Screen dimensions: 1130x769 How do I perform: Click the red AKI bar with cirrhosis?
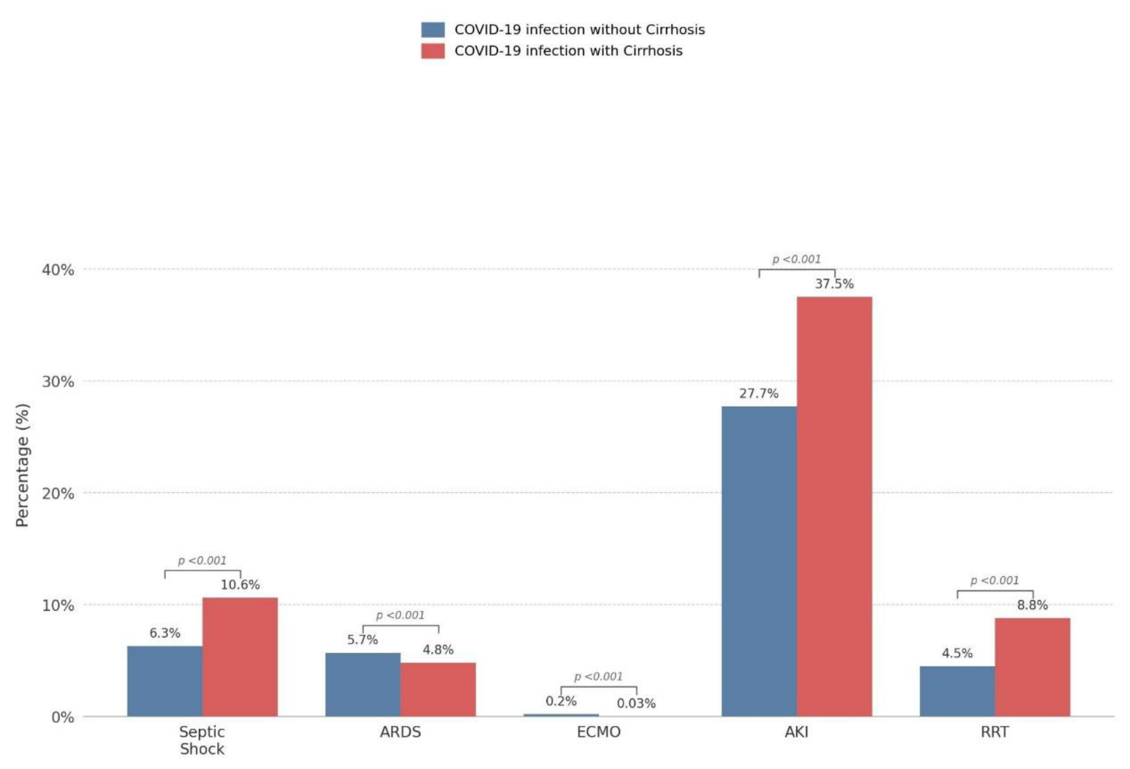[x=834, y=506]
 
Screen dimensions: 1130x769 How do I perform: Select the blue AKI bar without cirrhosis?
[x=759, y=561]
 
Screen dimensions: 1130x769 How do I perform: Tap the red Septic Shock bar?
[x=240, y=657]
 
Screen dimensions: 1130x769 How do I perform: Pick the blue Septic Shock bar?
[x=165, y=681]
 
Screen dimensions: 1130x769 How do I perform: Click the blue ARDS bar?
[x=363, y=684]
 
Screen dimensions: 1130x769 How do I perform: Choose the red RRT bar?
[x=1032, y=667]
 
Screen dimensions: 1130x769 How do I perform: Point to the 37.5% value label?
[x=834, y=284]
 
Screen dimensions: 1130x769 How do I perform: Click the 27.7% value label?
[x=759, y=394]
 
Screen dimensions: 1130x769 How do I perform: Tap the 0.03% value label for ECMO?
[x=636, y=704]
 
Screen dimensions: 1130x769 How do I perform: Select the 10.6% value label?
[x=240, y=585]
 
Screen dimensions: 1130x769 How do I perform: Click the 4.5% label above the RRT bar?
[x=957, y=653]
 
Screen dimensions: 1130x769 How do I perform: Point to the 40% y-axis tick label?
[x=58, y=270]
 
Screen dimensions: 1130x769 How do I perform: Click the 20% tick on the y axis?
[x=58, y=493]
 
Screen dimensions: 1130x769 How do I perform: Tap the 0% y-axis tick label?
[x=63, y=717]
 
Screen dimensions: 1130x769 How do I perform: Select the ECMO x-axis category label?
[x=599, y=732]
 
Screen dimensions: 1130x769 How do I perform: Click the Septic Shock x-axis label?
[x=202, y=741]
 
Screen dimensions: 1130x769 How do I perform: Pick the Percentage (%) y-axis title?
[x=22, y=465]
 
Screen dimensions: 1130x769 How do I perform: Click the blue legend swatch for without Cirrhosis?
[x=433, y=29]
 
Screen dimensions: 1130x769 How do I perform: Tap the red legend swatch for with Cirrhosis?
[x=433, y=51]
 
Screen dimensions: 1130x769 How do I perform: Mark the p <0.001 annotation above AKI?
[x=797, y=259]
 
